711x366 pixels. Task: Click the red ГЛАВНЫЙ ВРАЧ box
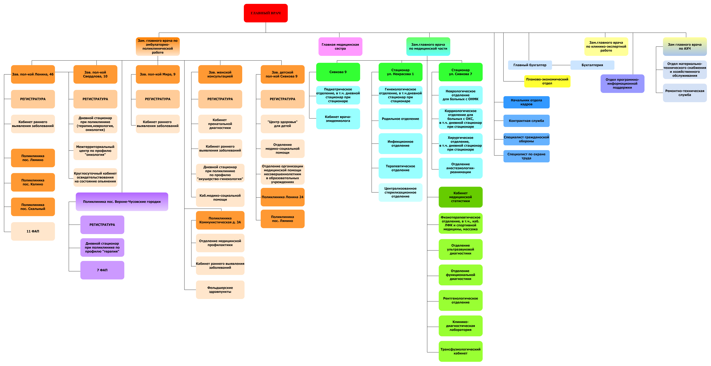265,13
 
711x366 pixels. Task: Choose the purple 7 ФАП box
102,270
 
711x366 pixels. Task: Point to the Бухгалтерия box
592,65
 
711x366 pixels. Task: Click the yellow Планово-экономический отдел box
547,81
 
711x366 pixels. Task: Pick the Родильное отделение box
400,119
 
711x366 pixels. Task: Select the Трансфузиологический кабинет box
460,351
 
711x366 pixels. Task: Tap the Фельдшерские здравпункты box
220,290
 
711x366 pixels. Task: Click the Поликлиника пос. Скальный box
33,207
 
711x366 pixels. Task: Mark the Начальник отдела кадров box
526,102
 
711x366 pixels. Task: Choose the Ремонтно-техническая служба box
685,93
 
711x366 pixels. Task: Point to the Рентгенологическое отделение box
460,300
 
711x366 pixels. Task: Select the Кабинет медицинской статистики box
460,197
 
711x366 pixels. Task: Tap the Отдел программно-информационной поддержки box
622,83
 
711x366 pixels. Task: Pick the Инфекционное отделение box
400,144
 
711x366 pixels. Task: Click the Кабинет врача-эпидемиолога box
338,119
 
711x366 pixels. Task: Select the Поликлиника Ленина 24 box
282,197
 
